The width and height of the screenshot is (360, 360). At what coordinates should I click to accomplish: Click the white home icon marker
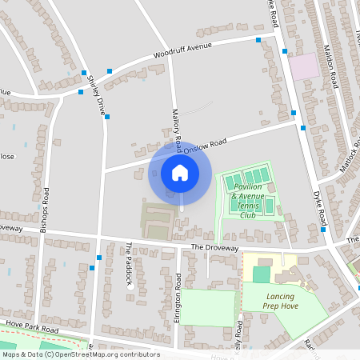click(180, 173)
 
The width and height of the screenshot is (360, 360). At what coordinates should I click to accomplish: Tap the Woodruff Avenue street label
click(183, 51)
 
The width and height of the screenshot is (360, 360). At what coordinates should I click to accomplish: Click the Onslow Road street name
click(205, 145)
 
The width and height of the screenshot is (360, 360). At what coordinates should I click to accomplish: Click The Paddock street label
click(127, 263)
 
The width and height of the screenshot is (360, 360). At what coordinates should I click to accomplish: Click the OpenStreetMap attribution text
click(80, 354)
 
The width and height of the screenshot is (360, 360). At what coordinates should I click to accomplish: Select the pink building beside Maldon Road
click(303, 66)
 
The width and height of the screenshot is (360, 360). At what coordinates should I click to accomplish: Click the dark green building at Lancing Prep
click(261, 274)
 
